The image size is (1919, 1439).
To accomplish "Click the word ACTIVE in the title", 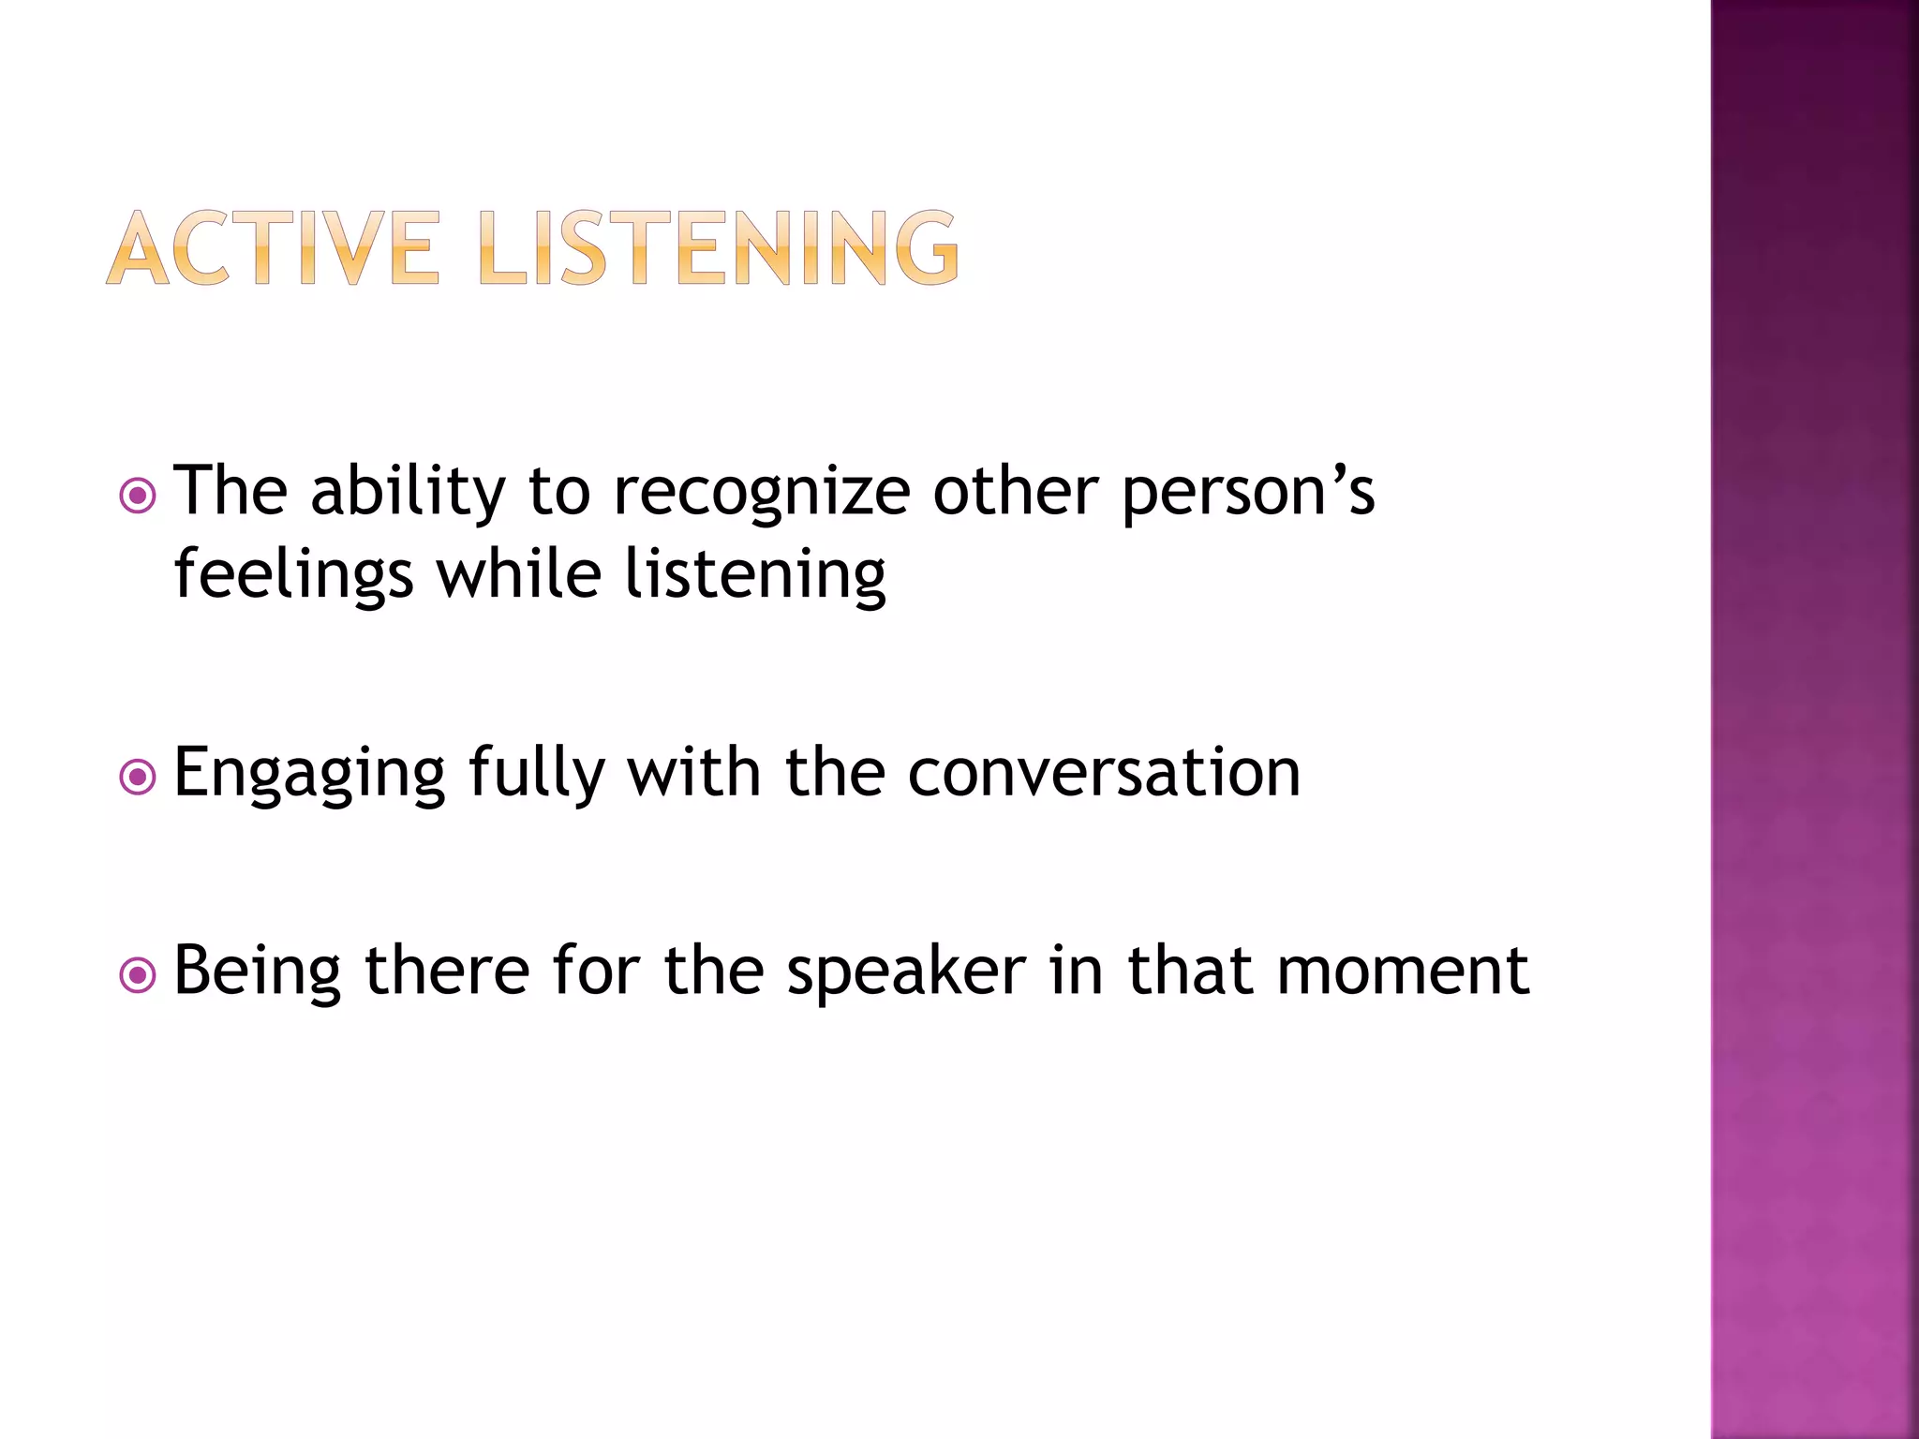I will [x=272, y=248].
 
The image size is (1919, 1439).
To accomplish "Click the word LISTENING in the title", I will [x=719, y=248].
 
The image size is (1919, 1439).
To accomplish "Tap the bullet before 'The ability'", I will [x=139, y=496].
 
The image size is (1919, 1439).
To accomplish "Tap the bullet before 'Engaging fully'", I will [x=139, y=777].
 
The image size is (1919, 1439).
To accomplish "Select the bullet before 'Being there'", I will [x=139, y=975].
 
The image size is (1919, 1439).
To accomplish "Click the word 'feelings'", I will [x=293, y=576].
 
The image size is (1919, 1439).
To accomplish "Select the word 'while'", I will [x=519, y=574].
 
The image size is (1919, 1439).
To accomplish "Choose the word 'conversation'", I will [x=1104, y=775].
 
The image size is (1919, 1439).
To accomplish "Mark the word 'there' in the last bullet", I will [x=447, y=972].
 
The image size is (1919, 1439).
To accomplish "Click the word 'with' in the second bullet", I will [x=693, y=773].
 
